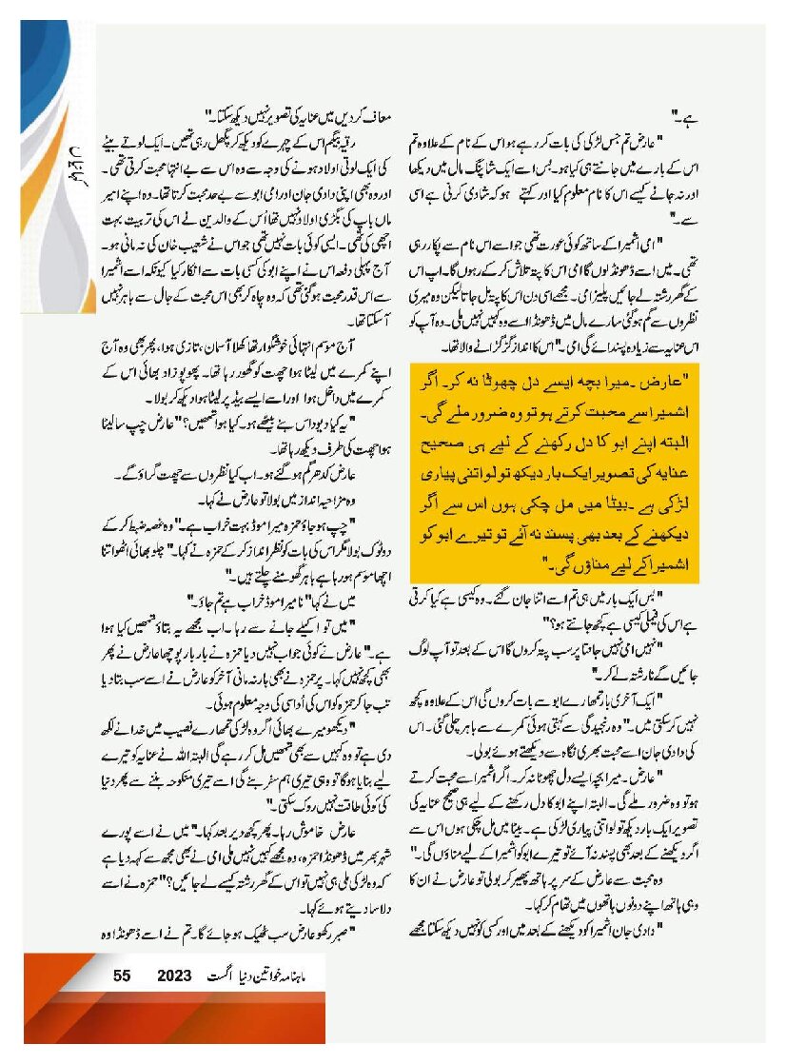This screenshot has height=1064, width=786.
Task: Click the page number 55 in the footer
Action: [x=121, y=976]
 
